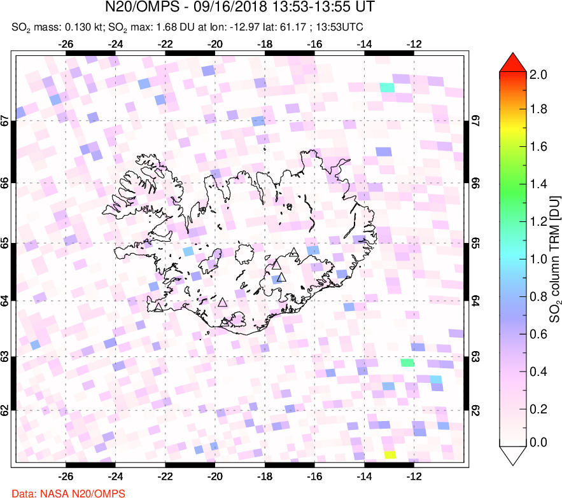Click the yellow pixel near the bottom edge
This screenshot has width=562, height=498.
[x=390, y=455]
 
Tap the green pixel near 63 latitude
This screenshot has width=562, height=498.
[x=407, y=363]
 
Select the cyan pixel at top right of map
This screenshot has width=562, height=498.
[x=386, y=87]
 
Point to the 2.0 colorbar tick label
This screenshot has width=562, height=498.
[x=539, y=74]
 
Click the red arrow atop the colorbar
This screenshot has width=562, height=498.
[x=516, y=62]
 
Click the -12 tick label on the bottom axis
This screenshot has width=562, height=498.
[x=414, y=476]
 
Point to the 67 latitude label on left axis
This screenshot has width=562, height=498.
[x=5, y=120]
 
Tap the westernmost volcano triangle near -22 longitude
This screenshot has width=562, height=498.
[x=158, y=308]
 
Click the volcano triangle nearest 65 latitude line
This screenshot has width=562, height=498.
[x=293, y=252]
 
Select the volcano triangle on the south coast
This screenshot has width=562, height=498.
[x=225, y=323]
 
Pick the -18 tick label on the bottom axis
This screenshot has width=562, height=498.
[x=265, y=476]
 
